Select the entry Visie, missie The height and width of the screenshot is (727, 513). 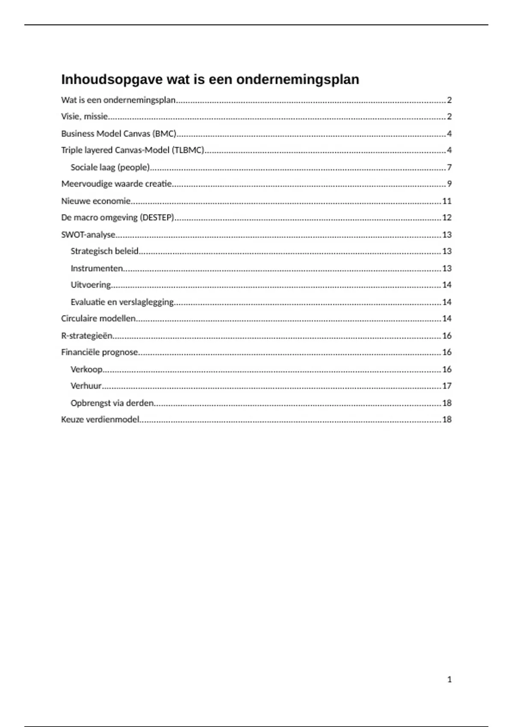pos(84,116)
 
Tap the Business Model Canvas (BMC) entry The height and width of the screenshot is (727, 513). pos(119,133)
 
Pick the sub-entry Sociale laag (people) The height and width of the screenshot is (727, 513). pos(110,167)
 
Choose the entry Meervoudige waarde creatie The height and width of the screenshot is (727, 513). pos(116,184)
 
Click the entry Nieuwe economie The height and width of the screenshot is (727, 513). pos(96,201)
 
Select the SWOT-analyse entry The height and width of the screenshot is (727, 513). pos(88,235)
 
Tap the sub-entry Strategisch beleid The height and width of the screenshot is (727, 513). pos(104,251)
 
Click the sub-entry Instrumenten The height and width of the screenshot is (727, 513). pos(97,268)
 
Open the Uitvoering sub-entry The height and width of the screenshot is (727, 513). pos(91,285)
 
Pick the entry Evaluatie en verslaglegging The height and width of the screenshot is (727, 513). pos(122,302)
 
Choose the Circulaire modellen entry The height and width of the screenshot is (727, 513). pos(98,319)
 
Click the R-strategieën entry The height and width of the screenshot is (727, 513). pos(87,336)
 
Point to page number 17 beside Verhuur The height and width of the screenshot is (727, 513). pos(447,386)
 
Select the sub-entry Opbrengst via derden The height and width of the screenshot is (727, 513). pos(112,403)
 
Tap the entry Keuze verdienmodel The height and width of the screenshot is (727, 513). pos(100,420)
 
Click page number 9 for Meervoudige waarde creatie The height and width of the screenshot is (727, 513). pos(449,184)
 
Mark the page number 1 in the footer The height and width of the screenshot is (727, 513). pos(449,679)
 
